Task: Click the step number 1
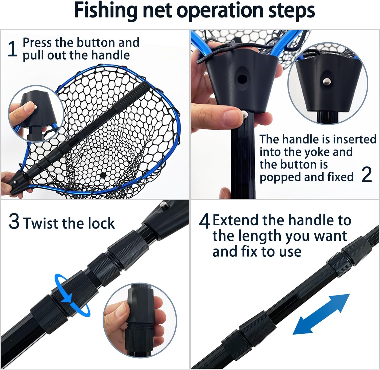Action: [x=12, y=49]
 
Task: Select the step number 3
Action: [x=14, y=221]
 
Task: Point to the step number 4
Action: [x=204, y=221]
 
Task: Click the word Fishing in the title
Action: [x=106, y=11]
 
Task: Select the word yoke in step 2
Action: [x=316, y=152]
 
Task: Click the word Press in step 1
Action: [x=37, y=43]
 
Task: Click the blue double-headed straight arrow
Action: [x=321, y=314]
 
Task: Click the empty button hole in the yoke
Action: [x=242, y=79]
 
